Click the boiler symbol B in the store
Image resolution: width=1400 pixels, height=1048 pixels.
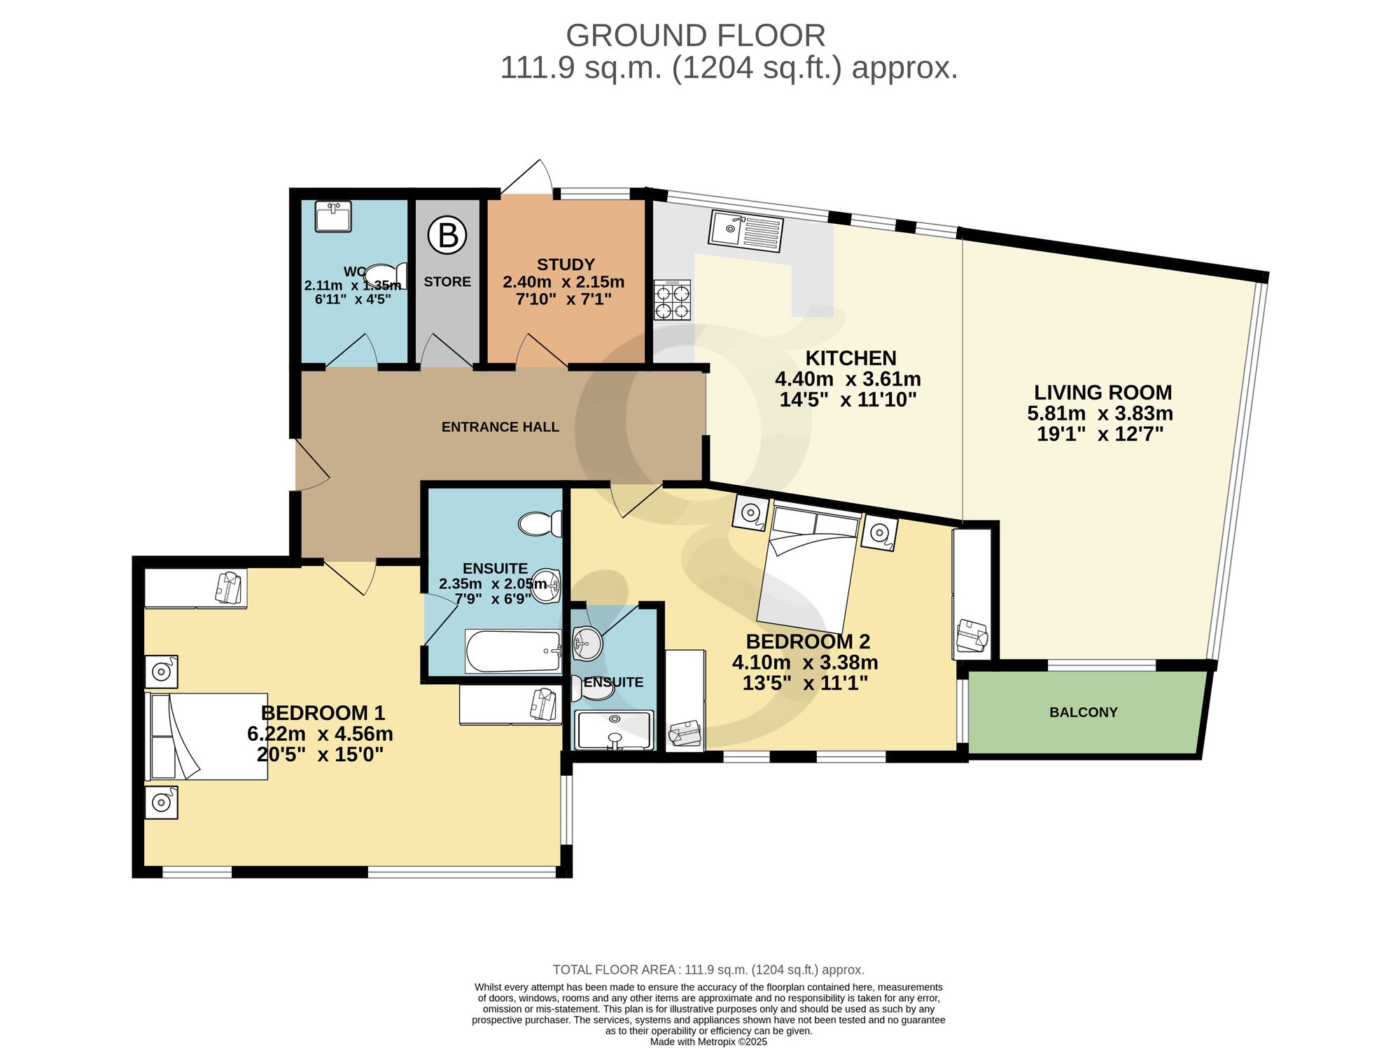click(x=447, y=236)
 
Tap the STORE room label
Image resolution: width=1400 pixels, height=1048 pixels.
click(x=447, y=282)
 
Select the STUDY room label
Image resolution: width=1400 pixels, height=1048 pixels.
click(x=566, y=264)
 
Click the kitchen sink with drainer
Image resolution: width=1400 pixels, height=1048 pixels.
click(x=745, y=232)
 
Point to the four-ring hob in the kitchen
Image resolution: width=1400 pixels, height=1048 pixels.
click(x=673, y=300)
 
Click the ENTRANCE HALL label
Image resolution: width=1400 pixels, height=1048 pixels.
click(x=500, y=427)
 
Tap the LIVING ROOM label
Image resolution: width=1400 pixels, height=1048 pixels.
click(x=1103, y=392)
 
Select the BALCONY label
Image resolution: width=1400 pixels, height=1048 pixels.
click(x=1084, y=712)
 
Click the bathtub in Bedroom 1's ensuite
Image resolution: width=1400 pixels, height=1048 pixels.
click(x=514, y=651)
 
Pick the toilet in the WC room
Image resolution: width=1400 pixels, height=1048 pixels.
click(x=386, y=276)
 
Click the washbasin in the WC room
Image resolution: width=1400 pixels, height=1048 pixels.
click(x=333, y=216)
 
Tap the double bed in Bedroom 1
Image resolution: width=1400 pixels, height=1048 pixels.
click(x=206, y=736)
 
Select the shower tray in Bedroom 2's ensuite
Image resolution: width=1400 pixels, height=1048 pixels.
click(x=614, y=730)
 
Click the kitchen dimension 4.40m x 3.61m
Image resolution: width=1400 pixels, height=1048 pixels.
click(x=848, y=379)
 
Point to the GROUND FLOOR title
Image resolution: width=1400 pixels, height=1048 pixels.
click(x=696, y=35)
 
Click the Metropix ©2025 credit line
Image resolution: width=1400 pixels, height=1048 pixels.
click(x=709, y=1042)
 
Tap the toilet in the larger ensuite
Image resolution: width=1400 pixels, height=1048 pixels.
click(x=540, y=523)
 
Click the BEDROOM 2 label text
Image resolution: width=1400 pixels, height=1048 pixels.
click(x=808, y=642)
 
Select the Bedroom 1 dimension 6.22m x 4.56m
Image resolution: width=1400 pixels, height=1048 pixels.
click(x=320, y=734)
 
